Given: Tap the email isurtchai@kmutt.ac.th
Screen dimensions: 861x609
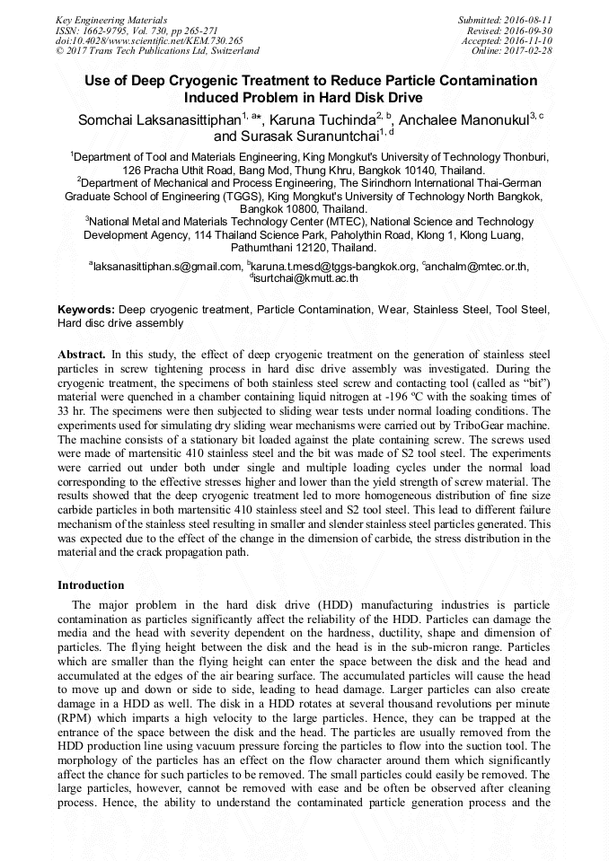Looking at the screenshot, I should (305, 277).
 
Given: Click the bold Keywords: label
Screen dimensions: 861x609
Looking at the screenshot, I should (85, 309).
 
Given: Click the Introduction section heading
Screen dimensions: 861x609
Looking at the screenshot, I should (91, 584).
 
